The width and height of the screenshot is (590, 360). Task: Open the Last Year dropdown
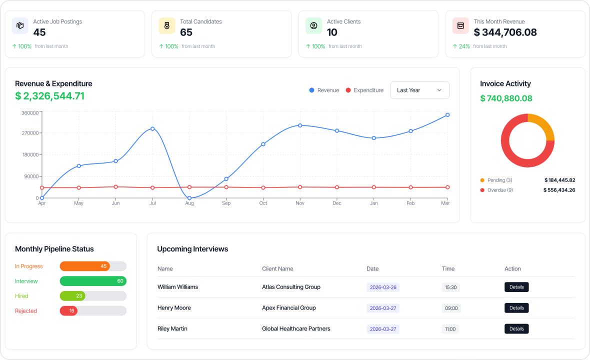(x=419, y=90)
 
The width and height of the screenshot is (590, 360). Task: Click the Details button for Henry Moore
(x=516, y=308)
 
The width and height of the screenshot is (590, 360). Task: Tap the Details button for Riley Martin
(x=516, y=329)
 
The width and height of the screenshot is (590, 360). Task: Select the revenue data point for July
(x=152, y=129)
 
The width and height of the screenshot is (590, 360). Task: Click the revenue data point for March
(x=447, y=115)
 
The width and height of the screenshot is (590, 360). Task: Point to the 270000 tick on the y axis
(x=30, y=133)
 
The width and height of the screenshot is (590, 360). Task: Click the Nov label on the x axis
(x=300, y=203)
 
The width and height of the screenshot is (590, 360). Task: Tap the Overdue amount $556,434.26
(x=559, y=190)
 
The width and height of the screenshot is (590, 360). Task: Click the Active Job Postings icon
(x=20, y=26)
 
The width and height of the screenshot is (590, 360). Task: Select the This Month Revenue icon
(x=460, y=26)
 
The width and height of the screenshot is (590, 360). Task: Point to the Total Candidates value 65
(x=186, y=32)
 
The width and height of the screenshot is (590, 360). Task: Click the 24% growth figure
(x=464, y=46)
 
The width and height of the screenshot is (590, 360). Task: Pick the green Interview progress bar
(x=93, y=281)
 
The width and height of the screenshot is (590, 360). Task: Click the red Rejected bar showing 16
(x=68, y=311)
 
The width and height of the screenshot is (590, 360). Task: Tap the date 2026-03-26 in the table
(x=383, y=287)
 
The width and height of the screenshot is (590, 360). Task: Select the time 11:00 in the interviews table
(x=450, y=329)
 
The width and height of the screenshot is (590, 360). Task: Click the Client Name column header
(x=277, y=268)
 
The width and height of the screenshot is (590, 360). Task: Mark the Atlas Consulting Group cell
(x=291, y=287)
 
